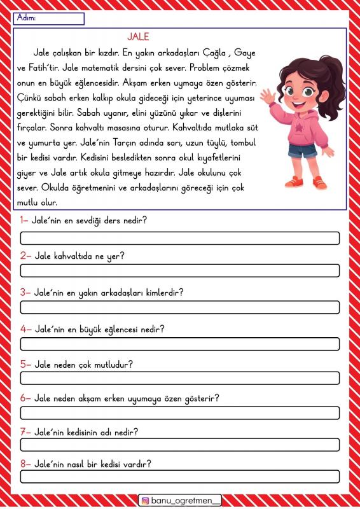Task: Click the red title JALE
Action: (138, 37)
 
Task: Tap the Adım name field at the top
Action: (48, 19)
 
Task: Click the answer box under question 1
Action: (180, 239)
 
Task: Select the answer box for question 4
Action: (180, 344)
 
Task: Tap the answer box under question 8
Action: (180, 477)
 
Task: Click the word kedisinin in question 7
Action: (85, 432)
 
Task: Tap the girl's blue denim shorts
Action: (302, 151)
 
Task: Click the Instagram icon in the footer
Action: (146, 500)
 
